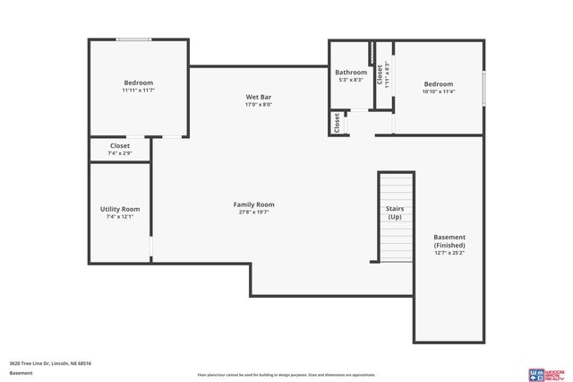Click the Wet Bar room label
point(259,96)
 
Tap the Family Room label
point(253,204)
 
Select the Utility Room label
point(119,209)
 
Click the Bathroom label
point(350,72)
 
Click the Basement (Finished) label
point(449,241)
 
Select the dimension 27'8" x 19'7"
point(253,213)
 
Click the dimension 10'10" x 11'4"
point(439,91)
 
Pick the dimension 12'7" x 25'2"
point(449,253)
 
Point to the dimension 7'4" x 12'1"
point(119,217)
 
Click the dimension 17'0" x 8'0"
point(259,104)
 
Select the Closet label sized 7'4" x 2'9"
point(119,145)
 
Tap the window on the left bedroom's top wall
point(134,39)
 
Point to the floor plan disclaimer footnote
point(286,375)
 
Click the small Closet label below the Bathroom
point(337,123)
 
